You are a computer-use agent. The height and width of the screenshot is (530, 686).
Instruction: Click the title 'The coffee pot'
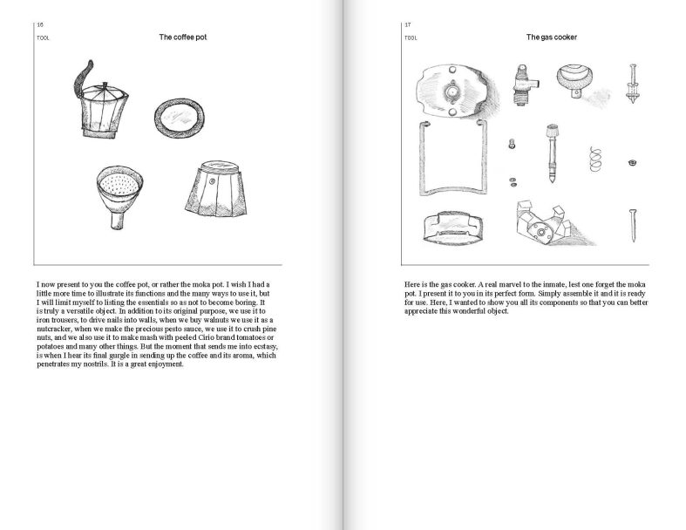tap(182, 37)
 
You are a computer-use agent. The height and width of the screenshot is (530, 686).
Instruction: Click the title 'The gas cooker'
tap(551, 37)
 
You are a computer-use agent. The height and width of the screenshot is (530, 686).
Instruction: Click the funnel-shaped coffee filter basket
tap(118, 191)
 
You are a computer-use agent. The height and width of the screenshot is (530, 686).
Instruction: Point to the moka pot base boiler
tap(212, 190)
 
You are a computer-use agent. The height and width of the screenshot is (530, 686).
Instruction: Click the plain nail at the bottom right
tap(631, 225)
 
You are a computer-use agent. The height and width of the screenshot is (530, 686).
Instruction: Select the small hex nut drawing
tap(630, 162)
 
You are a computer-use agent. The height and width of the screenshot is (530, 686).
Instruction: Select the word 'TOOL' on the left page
tap(43, 38)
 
